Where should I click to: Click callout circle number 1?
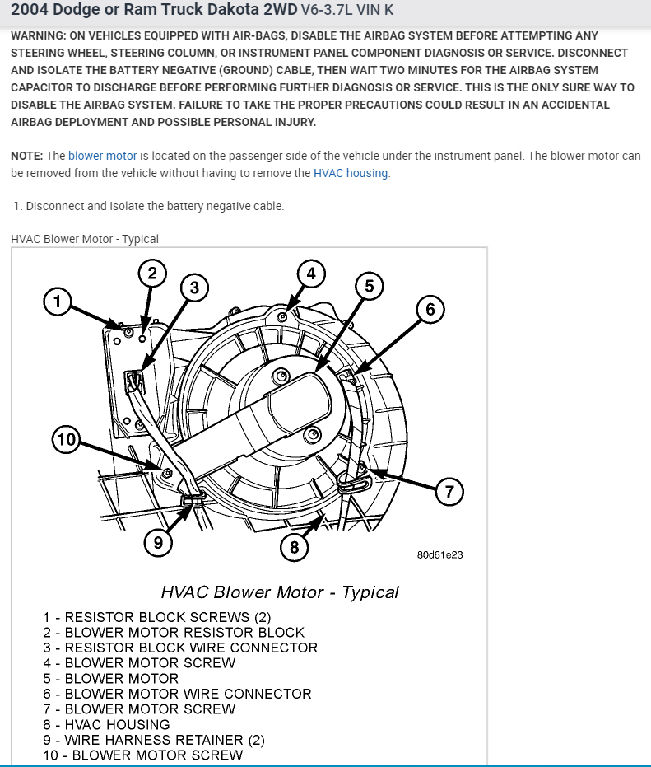[x=57, y=302]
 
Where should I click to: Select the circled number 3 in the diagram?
[x=194, y=288]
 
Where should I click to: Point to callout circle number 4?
[x=310, y=273]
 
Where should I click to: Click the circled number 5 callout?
[x=369, y=286]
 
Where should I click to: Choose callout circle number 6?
[x=430, y=309]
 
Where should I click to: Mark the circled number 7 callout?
[x=449, y=493]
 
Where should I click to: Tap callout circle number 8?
[x=295, y=546]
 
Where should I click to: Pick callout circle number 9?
[x=158, y=541]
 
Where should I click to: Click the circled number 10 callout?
[x=66, y=440]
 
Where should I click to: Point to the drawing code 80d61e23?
[x=439, y=555]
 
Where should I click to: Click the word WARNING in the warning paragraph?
[x=40, y=36]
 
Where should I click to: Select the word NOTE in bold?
[x=27, y=156]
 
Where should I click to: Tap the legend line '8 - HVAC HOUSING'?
[x=107, y=724]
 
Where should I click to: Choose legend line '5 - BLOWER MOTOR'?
[x=111, y=678]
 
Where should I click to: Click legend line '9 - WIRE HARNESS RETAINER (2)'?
[x=154, y=740]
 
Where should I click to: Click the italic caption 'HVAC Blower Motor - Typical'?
[x=280, y=592]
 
